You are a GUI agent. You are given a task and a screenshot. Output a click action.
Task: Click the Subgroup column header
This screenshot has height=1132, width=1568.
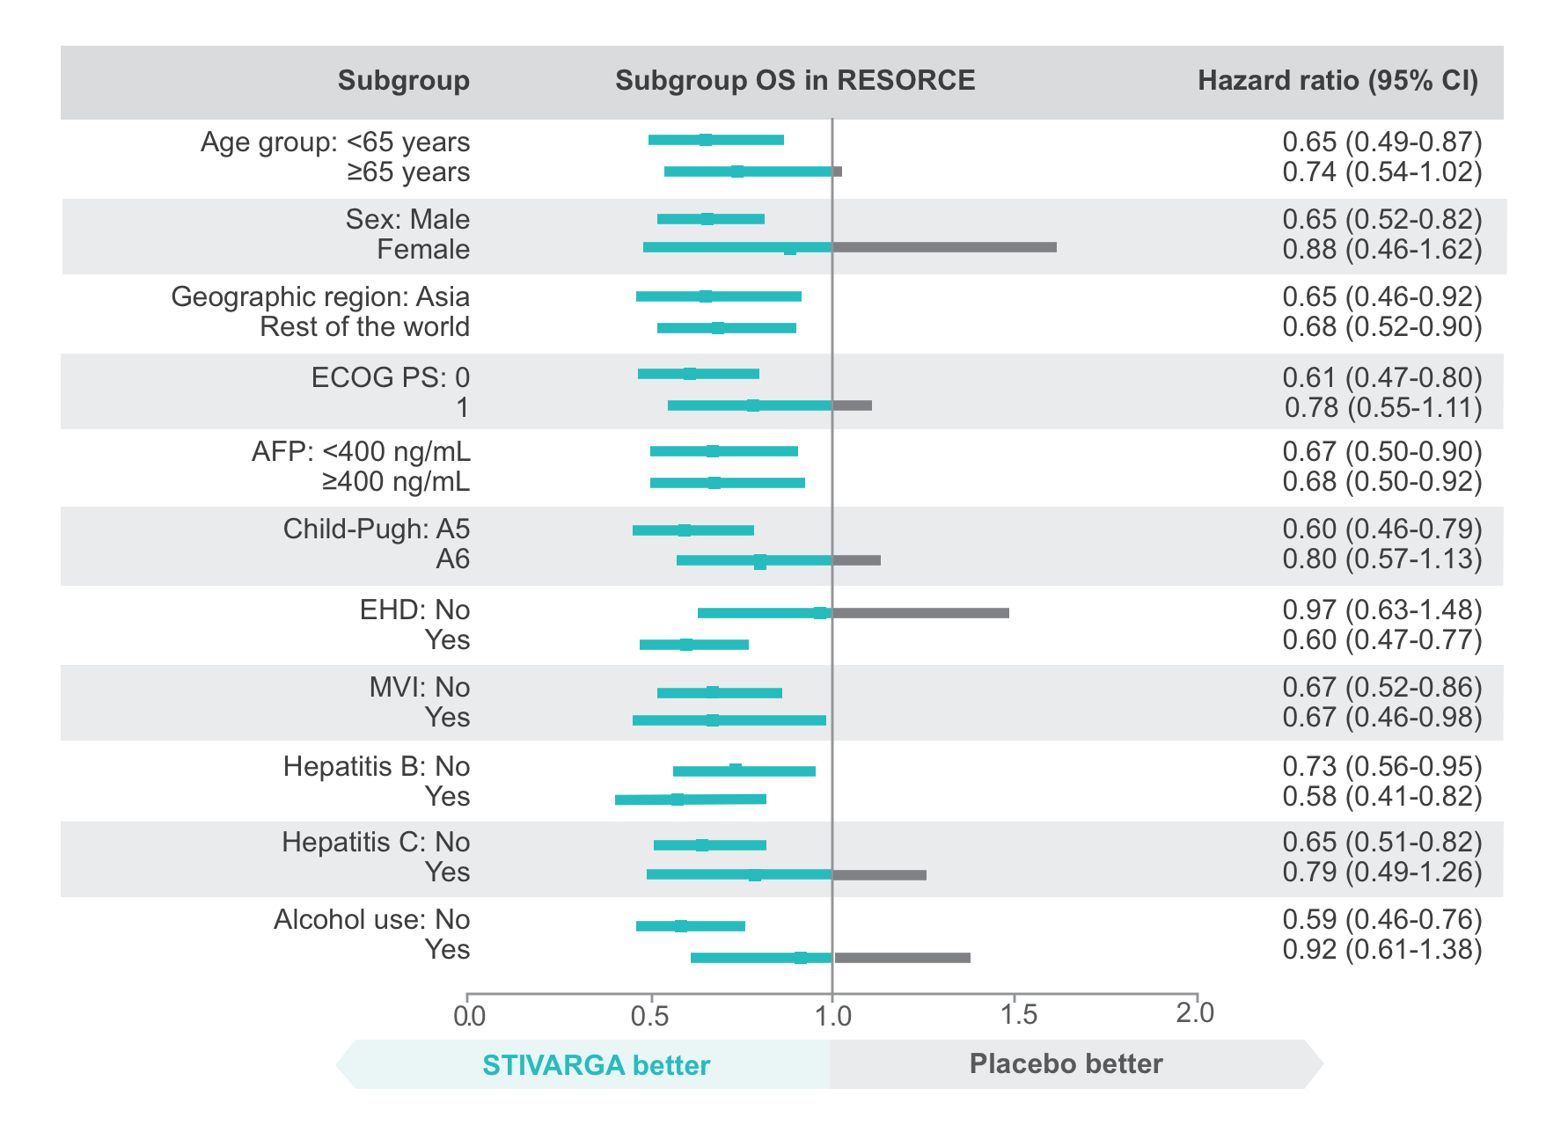[x=403, y=81]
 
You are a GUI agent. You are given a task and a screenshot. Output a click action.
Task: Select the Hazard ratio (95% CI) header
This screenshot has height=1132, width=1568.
[x=1337, y=81]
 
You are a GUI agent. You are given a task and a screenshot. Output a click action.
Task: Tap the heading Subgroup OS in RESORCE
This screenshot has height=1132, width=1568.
[x=795, y=81]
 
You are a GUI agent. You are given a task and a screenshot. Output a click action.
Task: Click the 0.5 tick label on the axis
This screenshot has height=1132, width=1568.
[x=649, y=1016]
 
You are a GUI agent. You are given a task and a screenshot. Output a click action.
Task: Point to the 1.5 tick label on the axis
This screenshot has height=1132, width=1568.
[x=1018, y=1016]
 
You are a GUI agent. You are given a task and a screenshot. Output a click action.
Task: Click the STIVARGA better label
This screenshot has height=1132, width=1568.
[x=596, y=1065]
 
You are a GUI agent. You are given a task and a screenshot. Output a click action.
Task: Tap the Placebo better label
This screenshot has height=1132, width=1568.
[x=1066, y=1064]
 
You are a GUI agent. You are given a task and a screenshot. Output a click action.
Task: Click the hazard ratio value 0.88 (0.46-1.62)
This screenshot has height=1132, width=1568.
[x=1381, y=250]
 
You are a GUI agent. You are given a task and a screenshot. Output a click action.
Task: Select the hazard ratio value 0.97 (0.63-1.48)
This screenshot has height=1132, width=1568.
[x=1381, y=610]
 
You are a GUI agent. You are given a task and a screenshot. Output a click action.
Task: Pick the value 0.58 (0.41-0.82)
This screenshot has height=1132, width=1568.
[x=1381, y=797]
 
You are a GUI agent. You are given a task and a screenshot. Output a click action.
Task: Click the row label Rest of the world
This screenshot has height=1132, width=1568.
[x=364, y=327]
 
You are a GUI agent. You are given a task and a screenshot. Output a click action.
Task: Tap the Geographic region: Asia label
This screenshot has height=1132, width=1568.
[x=320, y=297]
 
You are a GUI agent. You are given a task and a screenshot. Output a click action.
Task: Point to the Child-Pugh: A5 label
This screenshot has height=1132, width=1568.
[x=377, y=529]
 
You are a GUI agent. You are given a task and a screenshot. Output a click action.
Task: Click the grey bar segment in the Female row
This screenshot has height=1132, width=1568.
[x=944, y=248]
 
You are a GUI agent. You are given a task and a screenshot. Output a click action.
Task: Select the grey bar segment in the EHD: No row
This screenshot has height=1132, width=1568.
[x=920, y=613]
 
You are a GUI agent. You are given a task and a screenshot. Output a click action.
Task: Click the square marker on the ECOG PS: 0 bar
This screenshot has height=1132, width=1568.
[x=690, y=374]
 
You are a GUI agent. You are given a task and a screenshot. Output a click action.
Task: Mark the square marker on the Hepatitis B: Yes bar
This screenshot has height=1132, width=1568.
[x=678, y=800]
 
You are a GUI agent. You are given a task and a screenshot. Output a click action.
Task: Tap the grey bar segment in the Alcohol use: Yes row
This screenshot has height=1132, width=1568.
[x=902, y=958]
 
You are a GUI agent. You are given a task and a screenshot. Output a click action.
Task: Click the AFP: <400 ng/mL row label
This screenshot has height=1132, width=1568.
[x=361, y=452]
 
